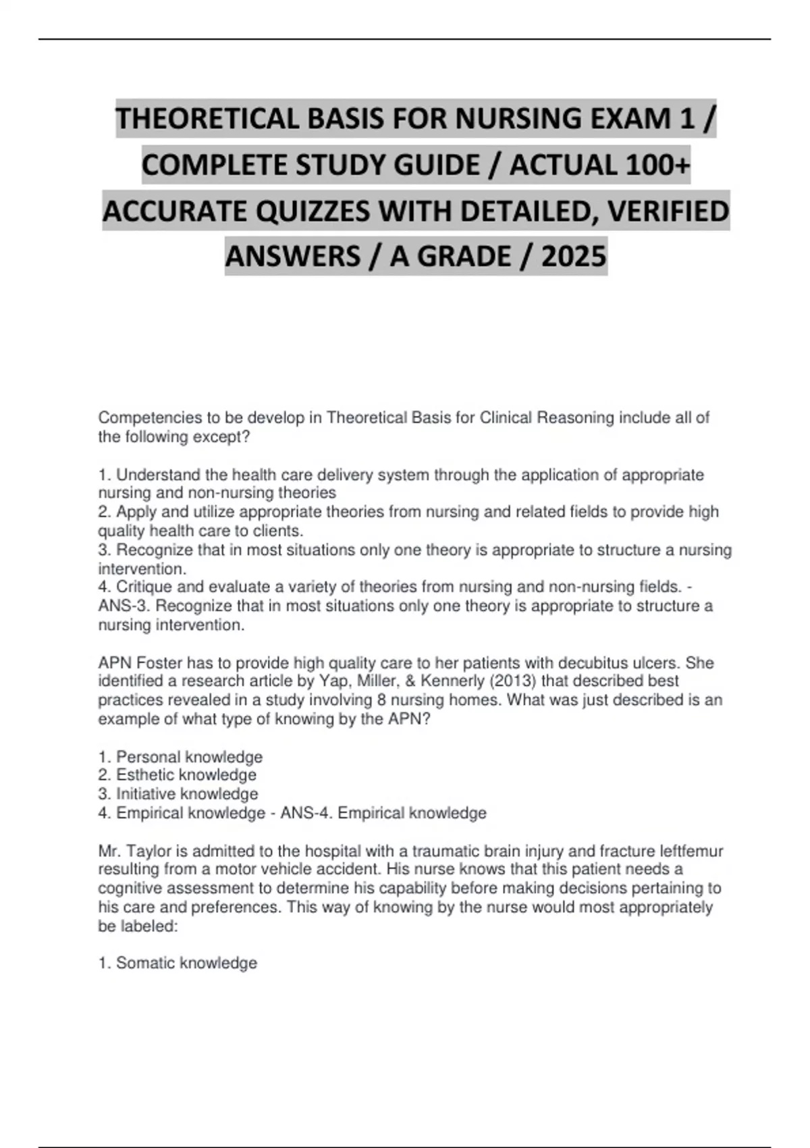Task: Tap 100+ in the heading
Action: [654, 165]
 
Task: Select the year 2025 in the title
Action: [574, 257]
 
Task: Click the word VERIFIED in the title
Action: [668, 211]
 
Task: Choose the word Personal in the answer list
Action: [148, 757]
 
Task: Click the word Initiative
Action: [145, 794]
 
